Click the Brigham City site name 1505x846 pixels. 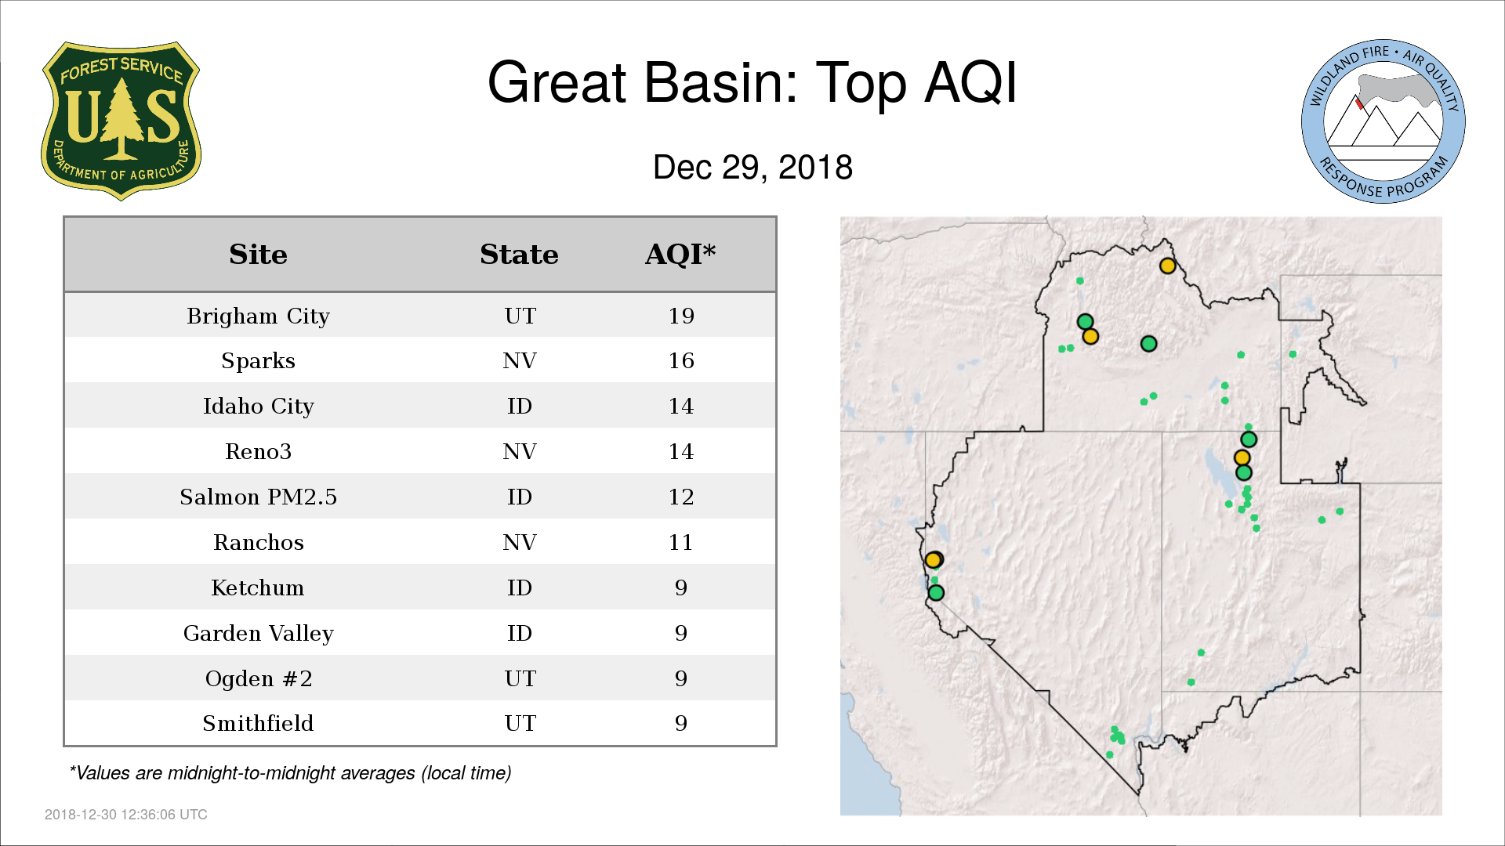[258, 316]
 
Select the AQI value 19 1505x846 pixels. [681, 316]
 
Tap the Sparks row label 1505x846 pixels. [258, 360]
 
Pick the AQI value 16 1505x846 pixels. [681, 360]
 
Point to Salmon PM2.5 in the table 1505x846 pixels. [258, 497]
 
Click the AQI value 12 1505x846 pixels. [681, 497]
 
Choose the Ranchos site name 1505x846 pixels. [258, 542]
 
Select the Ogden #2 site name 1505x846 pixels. [258, 678]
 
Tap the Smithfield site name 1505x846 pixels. [258, 723]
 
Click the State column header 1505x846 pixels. [519, 255]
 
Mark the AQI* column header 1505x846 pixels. [680, 254]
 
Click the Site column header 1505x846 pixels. [258, 255]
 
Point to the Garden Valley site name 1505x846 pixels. [258, 633]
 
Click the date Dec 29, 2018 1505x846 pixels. [752, 168]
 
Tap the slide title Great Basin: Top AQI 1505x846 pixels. [752, 82]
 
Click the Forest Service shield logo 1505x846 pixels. [121, 121]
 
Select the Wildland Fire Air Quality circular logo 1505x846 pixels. [1384, 121]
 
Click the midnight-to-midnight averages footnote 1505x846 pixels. [290, 773]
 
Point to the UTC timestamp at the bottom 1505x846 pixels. [126, 815]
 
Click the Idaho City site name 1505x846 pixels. [258, 406]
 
